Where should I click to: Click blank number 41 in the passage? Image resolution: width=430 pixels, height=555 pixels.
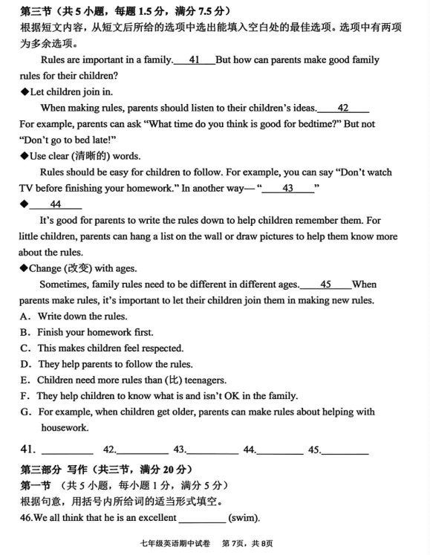pos(194,59)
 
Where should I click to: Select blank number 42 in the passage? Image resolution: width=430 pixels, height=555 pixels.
pos(342,108)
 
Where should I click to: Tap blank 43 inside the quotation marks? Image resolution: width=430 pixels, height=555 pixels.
pos(287,188)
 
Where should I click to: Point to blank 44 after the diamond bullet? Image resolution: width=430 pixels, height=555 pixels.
pos(56,204)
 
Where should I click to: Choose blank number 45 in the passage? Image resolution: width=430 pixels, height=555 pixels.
pos(325,284)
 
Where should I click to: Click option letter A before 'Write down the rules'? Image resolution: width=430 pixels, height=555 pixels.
pos(25,316)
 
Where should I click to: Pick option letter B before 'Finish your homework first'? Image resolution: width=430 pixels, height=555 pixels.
pos(25,332)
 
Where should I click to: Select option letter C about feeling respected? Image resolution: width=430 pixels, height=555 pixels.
pos(25,348)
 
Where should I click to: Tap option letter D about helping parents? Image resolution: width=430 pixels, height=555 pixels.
pos(25,364)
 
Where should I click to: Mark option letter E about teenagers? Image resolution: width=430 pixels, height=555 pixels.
pos(25,380)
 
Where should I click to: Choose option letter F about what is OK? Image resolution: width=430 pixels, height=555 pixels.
pos(25,396)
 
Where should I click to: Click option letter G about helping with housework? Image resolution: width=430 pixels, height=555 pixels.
pos(25,412)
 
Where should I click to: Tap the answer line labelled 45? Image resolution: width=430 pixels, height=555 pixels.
pos(345,450)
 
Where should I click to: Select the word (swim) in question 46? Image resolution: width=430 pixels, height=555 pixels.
pos(243,517)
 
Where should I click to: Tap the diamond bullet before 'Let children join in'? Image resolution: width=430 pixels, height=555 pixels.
pos(24,92)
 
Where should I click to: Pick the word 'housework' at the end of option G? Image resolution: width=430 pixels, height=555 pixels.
pos(65,427)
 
